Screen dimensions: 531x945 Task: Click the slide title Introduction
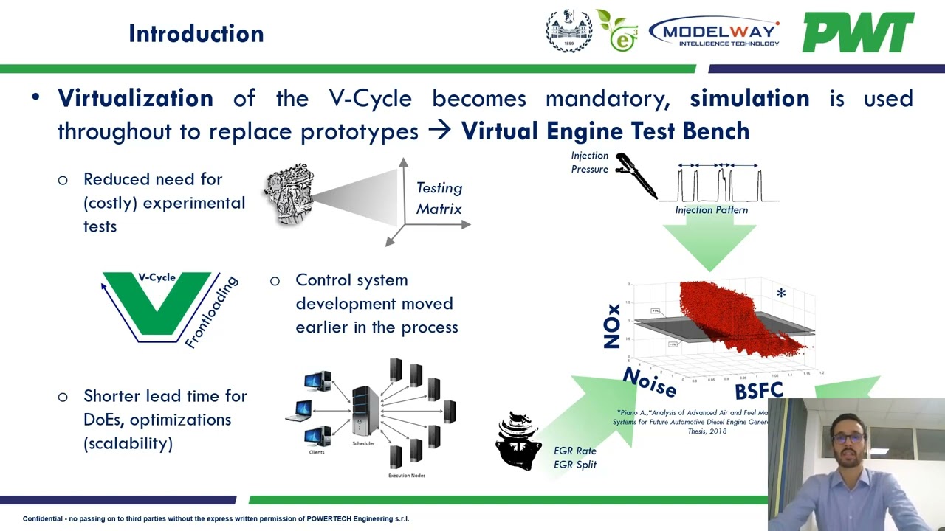pos(196,34)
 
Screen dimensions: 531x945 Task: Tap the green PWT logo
pos(858,32)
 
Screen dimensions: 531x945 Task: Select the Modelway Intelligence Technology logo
pos(713,32)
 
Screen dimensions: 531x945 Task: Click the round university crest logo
pos(568,31)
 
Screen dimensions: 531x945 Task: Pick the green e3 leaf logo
pos(619,31)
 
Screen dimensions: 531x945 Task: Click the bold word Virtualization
pos(135,98)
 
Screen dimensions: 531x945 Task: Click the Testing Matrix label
pos(439,198)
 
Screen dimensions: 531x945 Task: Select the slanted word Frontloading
pos(212,312)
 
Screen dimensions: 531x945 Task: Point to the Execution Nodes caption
pos(407,476)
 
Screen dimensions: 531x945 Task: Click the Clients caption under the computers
pos(317,452)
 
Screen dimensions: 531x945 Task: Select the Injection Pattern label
pos(711,210)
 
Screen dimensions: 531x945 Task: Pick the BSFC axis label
pos(758,391)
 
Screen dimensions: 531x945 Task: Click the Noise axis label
pos(649,382)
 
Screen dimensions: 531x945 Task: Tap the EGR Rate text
pos(574,451)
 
